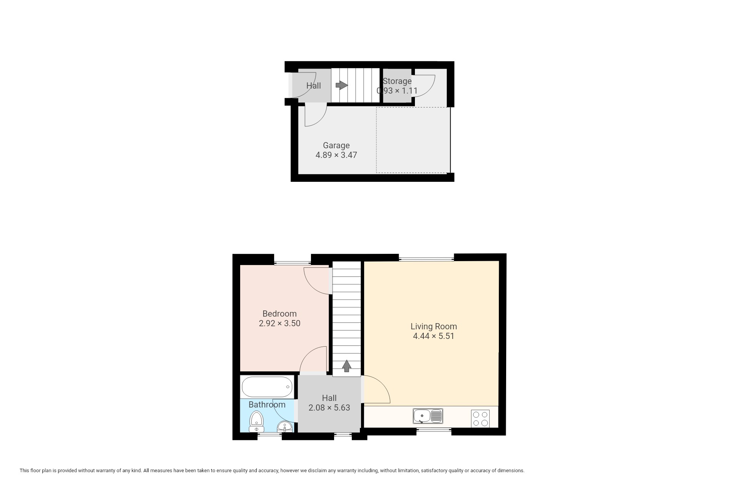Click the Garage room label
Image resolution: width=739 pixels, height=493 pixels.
[336, 145]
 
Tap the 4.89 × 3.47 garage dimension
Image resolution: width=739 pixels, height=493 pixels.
[336, 155]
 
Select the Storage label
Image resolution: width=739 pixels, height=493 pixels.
[397, 81]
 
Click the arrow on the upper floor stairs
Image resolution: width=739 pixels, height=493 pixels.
[341, 85]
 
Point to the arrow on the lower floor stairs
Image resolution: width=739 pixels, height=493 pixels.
[347, 366]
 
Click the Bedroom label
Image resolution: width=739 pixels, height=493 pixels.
[279, 314]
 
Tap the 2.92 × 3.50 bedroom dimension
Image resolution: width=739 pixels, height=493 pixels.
[279, 323]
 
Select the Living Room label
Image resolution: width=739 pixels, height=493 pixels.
[433, 327]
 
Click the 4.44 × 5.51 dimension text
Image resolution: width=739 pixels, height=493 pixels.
[433, 336]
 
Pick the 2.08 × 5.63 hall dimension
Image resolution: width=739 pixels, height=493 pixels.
[329, 407]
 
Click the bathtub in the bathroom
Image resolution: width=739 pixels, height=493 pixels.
[267, 387]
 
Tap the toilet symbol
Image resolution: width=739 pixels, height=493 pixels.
[256, 421]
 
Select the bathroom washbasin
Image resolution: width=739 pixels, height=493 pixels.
[285, 427]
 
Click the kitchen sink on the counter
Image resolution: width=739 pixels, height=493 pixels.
[428, 416]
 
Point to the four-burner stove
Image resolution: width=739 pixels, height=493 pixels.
[480, 419]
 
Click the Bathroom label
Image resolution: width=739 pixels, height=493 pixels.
[267, 404]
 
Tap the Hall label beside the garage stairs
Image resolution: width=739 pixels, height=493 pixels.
[313, 86]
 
